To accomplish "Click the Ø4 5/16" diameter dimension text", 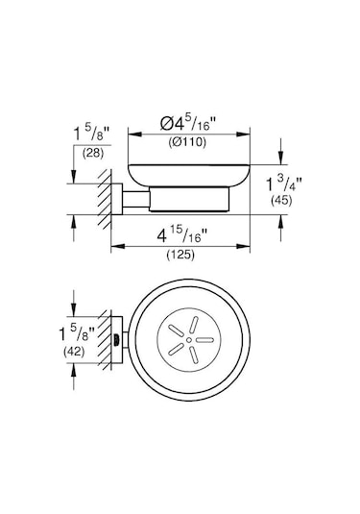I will pos(190,123).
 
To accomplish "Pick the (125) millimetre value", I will pos(183,257).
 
